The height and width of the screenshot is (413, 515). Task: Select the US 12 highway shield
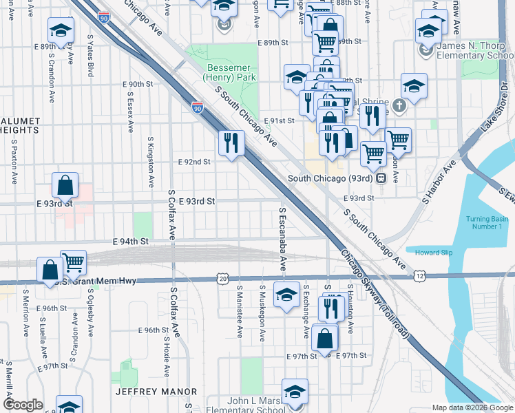pyautogui.click(x=419, y=275)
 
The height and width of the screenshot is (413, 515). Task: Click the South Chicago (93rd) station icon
pyautogui.click(x=380, y=178)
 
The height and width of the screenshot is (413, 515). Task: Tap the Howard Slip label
pyautogui.click(x=434, y=253)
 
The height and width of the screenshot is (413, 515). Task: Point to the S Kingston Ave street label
pyautogui.click(x=151, y=162)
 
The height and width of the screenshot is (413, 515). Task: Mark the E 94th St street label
pyautogui.click(x=131, y=242)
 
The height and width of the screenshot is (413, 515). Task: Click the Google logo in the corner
pyautogui.click(x=23, y=405)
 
